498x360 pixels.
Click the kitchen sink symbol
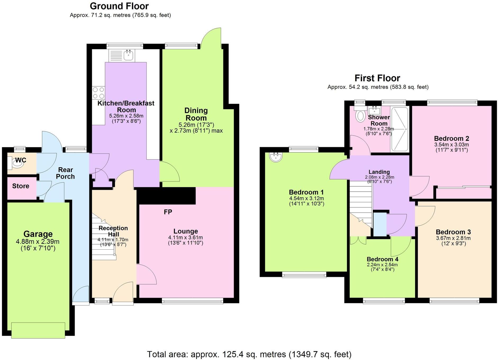(129, 55)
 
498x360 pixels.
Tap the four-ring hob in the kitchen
(98, 93)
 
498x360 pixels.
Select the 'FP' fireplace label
(168, 212)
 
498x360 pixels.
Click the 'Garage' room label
(38, 234)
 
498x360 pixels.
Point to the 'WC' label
(21, 160)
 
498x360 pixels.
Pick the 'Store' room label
(21, 186)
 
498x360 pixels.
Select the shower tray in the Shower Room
(400, 129)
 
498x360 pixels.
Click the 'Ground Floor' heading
(119, 6)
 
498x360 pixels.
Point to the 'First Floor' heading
(377, 78)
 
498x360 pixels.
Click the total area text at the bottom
(249, 354)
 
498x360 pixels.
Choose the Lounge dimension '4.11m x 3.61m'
(185, 238)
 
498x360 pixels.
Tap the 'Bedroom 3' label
(453, 232)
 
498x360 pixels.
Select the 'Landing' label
(379, 172)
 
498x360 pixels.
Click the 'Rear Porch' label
(66, 173)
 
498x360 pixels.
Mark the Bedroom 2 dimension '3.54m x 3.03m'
(451, 145)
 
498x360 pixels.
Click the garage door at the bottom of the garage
(38, 330)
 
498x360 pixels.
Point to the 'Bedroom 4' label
(382, 259)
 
